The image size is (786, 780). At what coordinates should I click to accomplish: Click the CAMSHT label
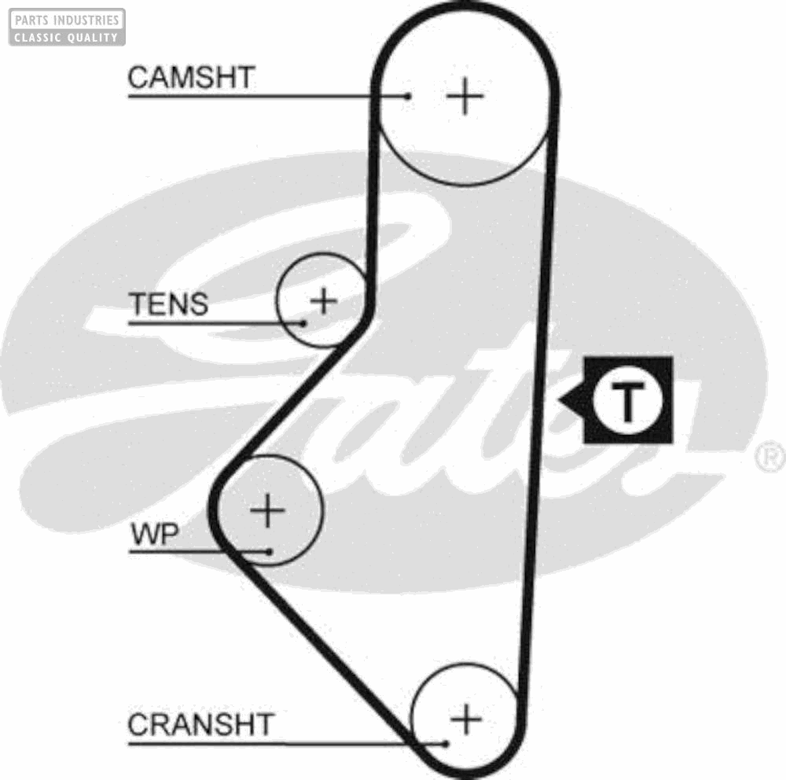(191, 78)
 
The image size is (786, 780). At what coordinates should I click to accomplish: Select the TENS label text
(169, 304)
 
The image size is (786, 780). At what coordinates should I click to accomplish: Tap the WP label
(155, 535)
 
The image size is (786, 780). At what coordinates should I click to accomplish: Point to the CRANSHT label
(200, 724)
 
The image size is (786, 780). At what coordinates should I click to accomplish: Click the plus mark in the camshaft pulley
(465, 96)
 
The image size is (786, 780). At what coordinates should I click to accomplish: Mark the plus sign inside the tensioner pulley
(323, 300)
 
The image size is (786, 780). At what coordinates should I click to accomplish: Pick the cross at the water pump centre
(268, 511)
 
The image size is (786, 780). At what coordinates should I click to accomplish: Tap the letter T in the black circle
(627, 401)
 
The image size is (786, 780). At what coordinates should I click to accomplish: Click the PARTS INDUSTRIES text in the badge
(67, 19)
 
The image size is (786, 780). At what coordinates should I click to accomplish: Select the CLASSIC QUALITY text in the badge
(67, 37)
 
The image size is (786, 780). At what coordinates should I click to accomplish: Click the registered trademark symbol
(770, 457)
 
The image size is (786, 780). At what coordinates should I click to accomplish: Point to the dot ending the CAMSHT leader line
(408, 97)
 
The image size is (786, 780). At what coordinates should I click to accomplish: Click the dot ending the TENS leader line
(303, 322)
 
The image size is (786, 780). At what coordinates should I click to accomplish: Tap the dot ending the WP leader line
(270, 551)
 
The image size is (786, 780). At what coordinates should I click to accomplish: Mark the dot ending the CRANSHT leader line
(446, 743)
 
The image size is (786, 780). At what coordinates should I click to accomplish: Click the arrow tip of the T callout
(560, 401)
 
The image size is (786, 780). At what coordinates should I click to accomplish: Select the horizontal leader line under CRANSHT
(275, 743)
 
